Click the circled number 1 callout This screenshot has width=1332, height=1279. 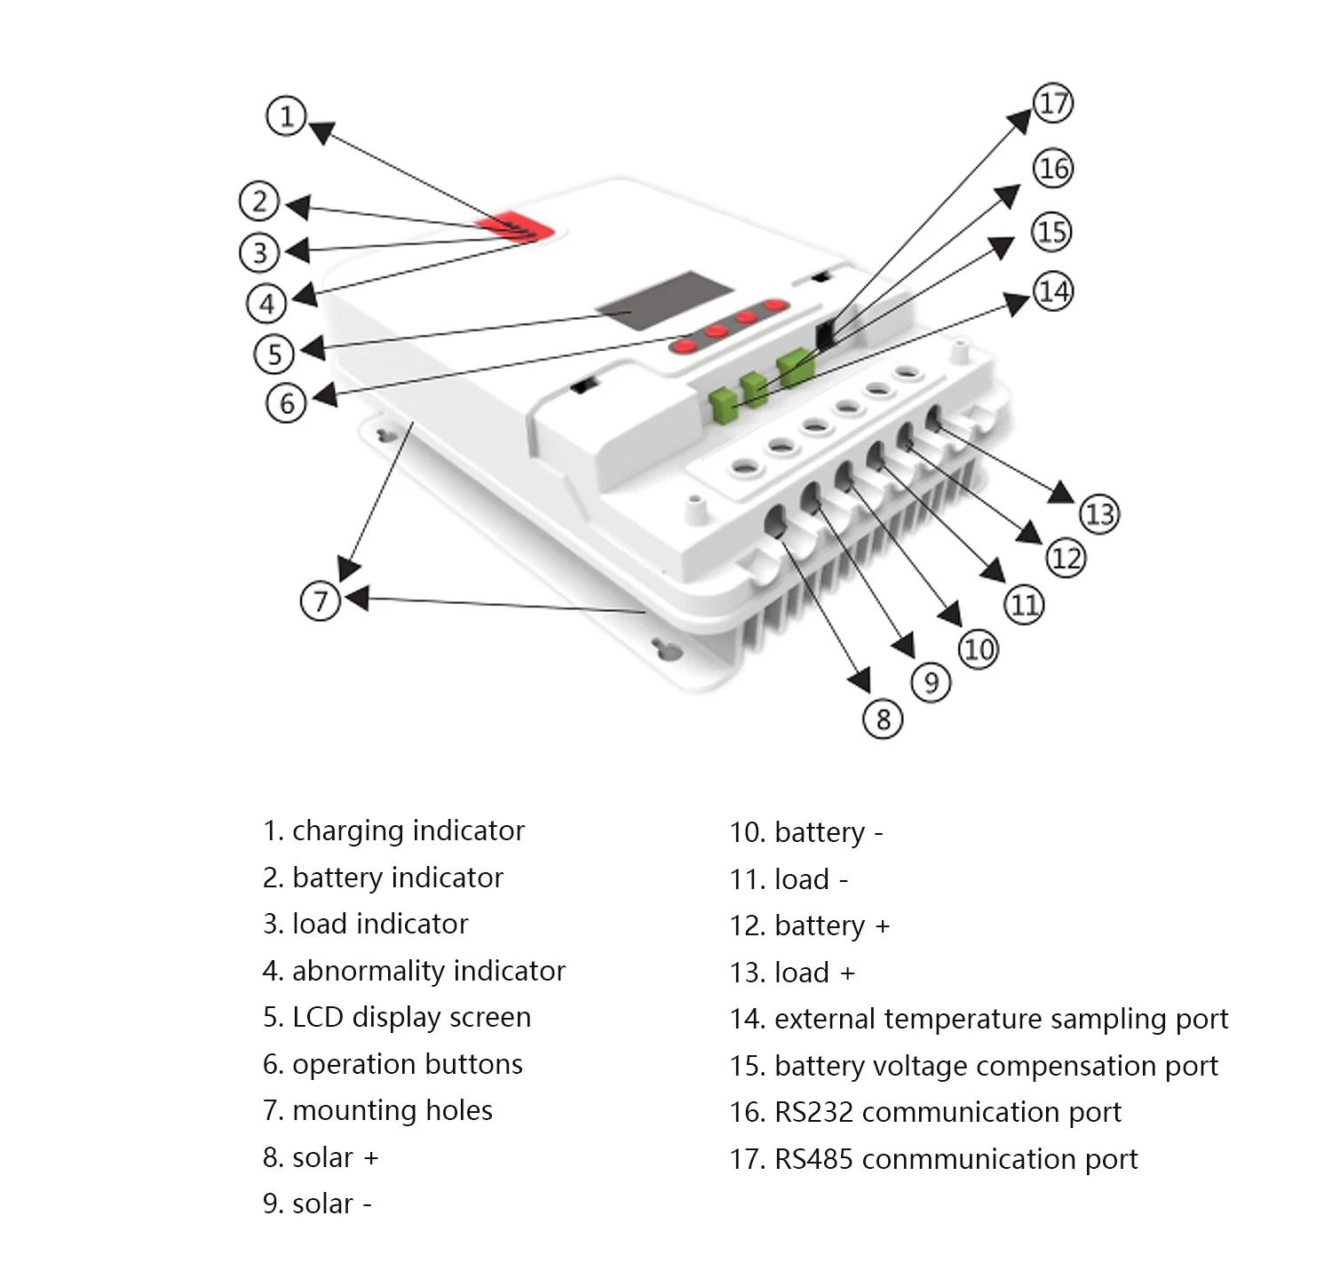point(286,116)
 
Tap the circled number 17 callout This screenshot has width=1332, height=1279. point(1053,103)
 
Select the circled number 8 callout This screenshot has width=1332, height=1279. point(883,719)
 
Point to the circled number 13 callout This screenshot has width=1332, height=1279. point(1099,514)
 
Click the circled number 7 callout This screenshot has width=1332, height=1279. point(321,601)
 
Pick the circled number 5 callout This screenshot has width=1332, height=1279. point(274,354)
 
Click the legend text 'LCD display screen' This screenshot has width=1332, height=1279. point(411,1017)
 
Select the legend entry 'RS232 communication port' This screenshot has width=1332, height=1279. point(925,1112)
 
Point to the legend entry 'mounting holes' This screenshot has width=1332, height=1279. point(377,1110)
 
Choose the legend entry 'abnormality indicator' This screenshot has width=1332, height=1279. point(414,971)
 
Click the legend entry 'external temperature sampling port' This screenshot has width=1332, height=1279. point(979,1019)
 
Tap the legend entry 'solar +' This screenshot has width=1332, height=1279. point(321,1157)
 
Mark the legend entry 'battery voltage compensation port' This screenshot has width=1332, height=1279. point(974,1066)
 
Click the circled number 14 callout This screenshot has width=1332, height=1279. point(1053,291)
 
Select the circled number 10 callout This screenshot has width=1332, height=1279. point(979,649)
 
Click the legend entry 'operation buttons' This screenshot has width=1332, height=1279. point(392,1064)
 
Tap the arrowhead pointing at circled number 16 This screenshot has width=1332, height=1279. point(1009,195)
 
